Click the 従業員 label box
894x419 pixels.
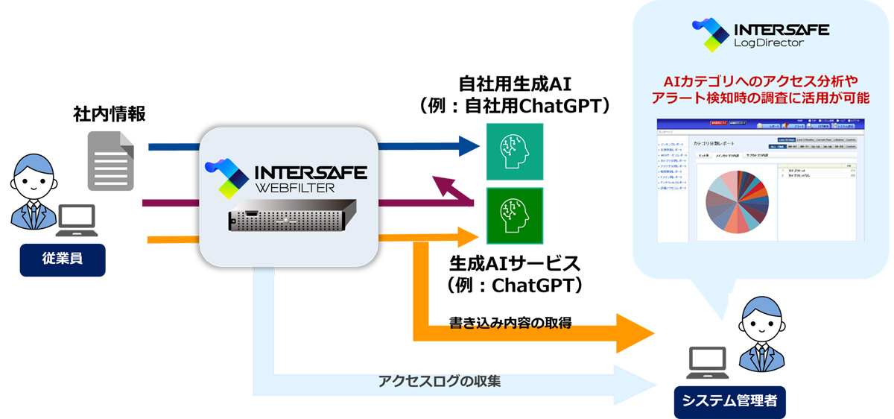63,260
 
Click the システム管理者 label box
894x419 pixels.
729,401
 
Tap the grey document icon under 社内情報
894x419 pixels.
110,161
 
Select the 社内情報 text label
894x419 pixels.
109,113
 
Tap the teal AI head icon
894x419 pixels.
515,151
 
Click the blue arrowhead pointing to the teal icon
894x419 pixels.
469,146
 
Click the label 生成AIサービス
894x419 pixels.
515,264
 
